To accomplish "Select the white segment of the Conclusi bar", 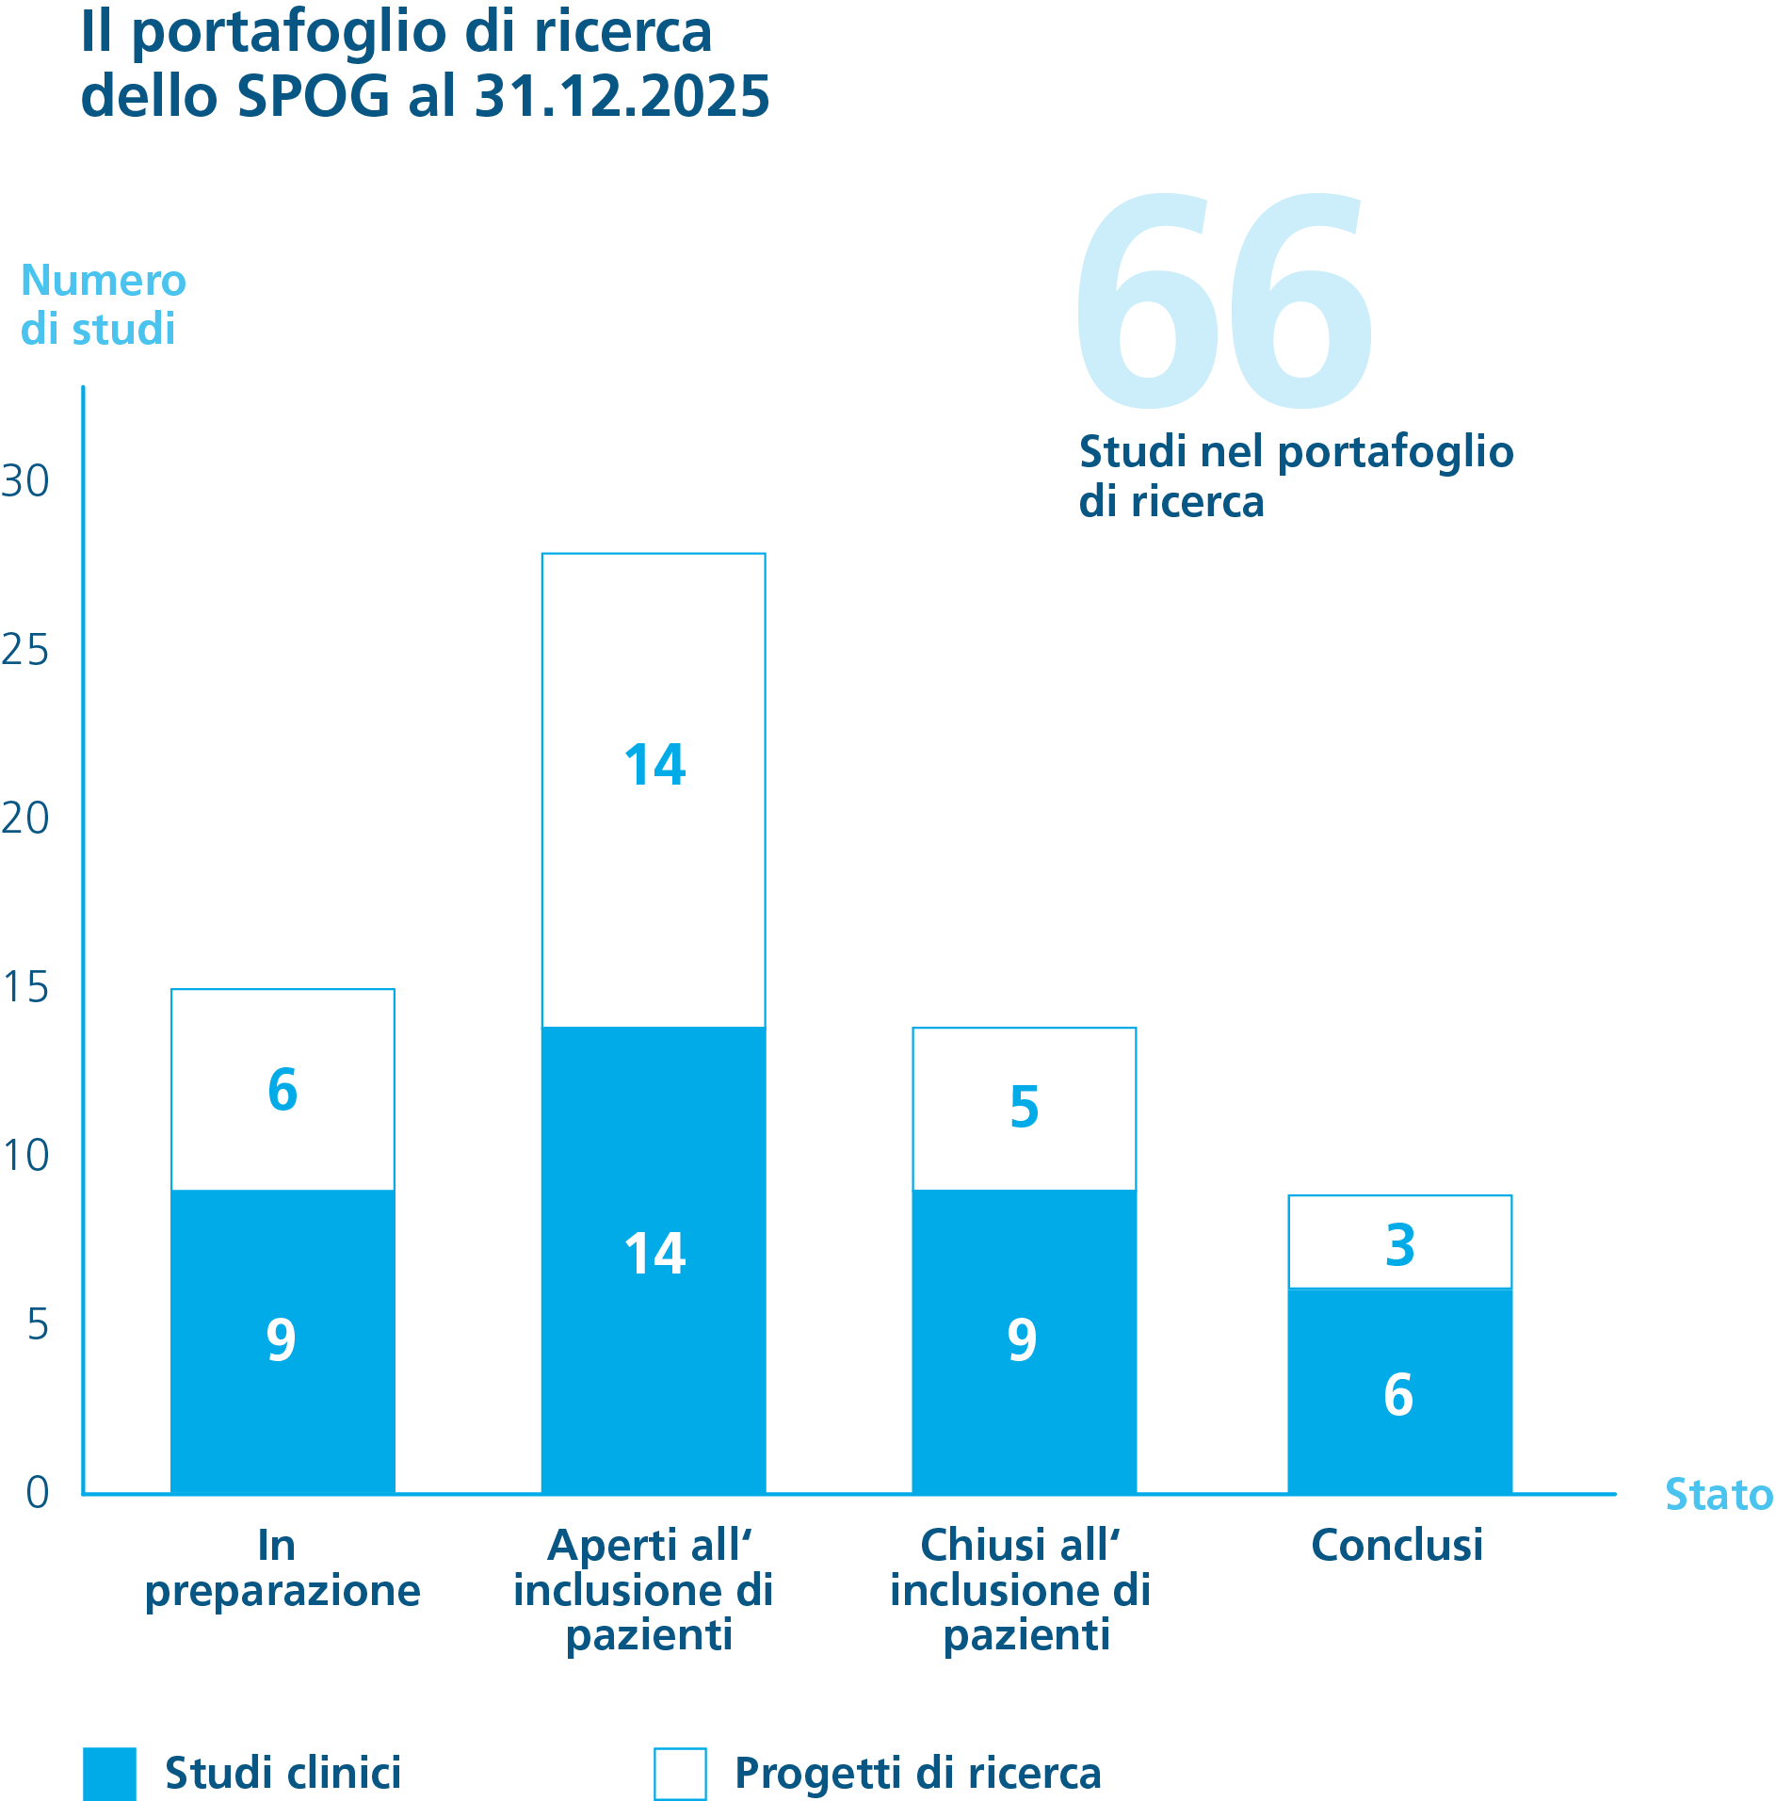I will point(1399,1241).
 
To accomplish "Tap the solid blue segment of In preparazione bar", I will point(283,1341).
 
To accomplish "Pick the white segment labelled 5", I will point(1024,1109).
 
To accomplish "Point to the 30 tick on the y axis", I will point(25,481).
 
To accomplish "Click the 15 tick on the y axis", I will point(25,987).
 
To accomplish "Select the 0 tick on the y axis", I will point(38,1492).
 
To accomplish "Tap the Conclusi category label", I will point(1397,1545).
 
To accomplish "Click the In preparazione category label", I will point(283,1567).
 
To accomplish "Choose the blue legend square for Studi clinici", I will point(109,1774).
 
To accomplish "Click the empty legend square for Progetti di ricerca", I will point(680,1774).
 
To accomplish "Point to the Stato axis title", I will point(1719,1494).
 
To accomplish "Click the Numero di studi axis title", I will point(103,304).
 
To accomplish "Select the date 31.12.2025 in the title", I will point(622,96).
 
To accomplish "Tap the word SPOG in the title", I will point(313,96).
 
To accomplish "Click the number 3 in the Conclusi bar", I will point(1400,1244).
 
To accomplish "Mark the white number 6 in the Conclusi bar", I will point(1398,1394).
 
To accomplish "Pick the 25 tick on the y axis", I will point(25,650).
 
